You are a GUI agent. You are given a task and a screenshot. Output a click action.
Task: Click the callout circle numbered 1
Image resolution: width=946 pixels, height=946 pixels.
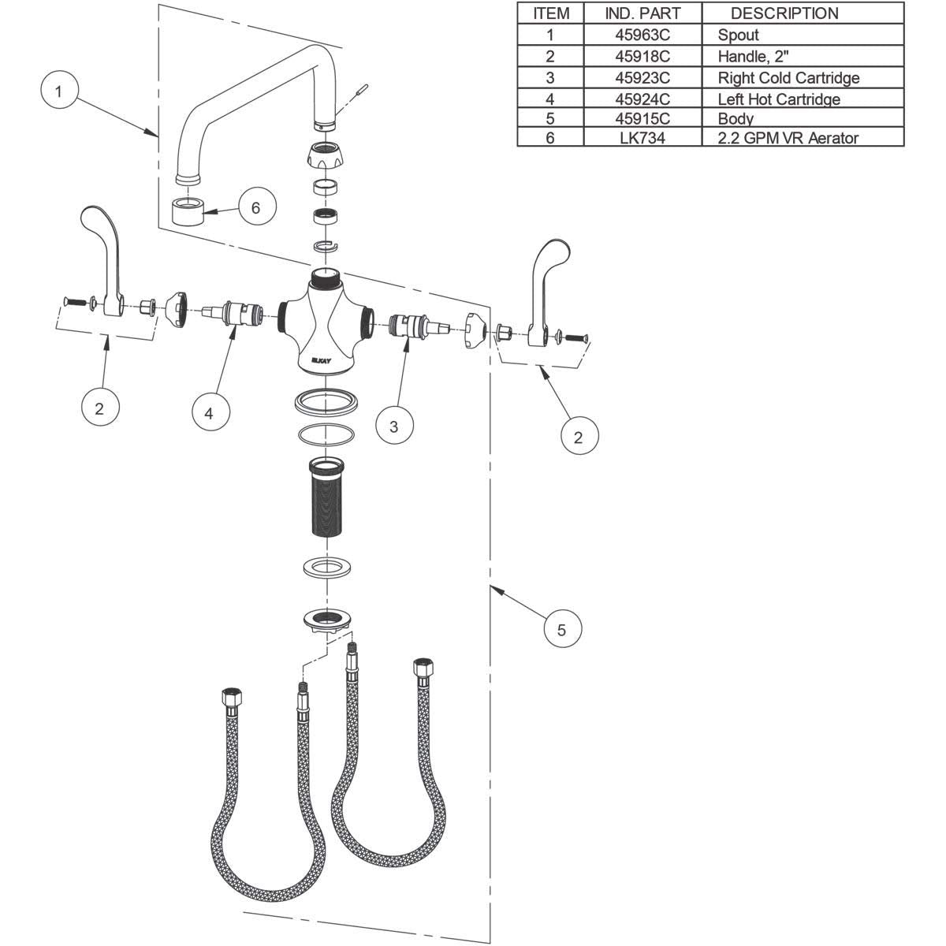click(58, 91)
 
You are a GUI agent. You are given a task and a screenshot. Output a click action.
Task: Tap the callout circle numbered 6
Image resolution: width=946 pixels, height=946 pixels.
click(255, 208)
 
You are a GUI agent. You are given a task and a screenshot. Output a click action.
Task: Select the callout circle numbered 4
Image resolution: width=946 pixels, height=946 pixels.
click(210, 412)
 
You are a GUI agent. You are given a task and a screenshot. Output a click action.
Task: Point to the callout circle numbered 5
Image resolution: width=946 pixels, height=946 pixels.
click(561, 629)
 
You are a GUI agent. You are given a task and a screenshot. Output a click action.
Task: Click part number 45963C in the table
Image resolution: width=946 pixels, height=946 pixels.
click(642, 35)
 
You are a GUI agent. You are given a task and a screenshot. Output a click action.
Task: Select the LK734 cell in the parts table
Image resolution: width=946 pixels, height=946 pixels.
click(642, 138)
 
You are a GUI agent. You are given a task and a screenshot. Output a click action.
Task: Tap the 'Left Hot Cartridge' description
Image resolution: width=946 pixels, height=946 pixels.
click(778, 99)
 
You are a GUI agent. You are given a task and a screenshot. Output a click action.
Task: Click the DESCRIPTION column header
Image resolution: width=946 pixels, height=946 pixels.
click(784, 13)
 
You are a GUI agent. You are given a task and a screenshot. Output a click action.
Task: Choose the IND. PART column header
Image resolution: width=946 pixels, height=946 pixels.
click(642, 13)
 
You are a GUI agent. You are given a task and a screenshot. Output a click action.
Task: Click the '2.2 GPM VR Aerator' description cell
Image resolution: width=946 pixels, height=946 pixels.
click(788, 138)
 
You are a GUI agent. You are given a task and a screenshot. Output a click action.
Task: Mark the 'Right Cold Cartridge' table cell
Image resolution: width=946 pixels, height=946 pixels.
click(788, 77)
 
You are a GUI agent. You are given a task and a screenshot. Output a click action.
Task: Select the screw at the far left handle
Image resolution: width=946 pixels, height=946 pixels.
click(70, 300)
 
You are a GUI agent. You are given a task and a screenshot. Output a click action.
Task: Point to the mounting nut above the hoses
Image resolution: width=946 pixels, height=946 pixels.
click(326, 619)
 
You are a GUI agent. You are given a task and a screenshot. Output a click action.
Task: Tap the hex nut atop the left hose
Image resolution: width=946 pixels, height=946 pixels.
click(232, 698)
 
